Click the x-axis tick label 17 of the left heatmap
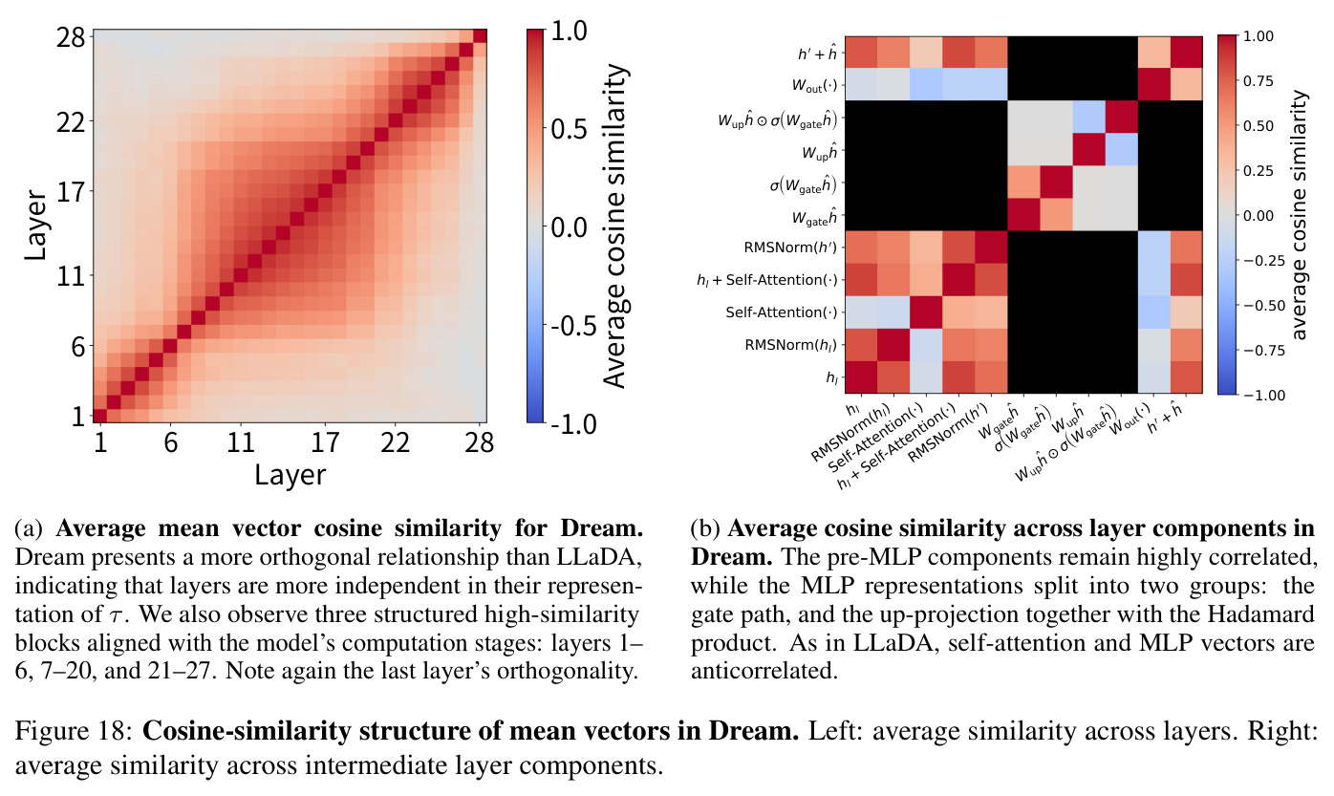coord(325,442)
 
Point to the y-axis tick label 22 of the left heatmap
coord(71,122)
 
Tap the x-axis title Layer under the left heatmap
coord(290,475)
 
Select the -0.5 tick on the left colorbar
coord(572,326)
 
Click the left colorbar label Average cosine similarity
coord(615,226)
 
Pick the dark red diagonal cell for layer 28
coord(480,36)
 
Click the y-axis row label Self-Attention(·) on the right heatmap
coord(782,312)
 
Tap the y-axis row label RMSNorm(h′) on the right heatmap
coord(789,247)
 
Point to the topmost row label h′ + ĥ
coord(817,54)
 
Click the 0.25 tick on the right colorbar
coord(1259,171)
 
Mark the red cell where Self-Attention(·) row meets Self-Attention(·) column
coord(926,312)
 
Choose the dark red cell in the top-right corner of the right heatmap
coord(1186,53)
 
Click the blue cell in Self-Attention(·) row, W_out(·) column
coord(1154,312)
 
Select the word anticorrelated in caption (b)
coord(764,671)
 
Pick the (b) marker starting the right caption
coord(705,528)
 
